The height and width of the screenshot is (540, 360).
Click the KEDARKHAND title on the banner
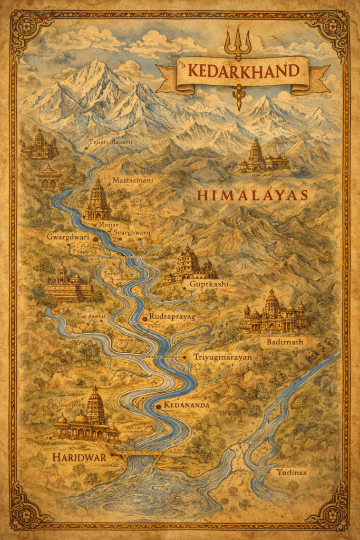[x=242, y=70]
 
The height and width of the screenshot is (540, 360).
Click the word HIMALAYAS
[x=252, y=195]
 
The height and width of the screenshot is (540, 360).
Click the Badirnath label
[x=281, y=341]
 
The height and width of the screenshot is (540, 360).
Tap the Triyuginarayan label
[x=222, y=357]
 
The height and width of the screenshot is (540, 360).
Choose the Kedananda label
[x=187, y=405]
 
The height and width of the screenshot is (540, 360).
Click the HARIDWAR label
[x=79, y=458]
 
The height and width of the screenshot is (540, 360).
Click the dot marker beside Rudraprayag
[x=144, y=319]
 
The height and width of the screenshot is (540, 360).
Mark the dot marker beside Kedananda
[x=159, y=406]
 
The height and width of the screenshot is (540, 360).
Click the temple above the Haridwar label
[x=88, y=417]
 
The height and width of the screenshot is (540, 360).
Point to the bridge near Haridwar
[x=138, y=452]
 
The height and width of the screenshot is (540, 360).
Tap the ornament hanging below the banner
[x=239, y=98]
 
